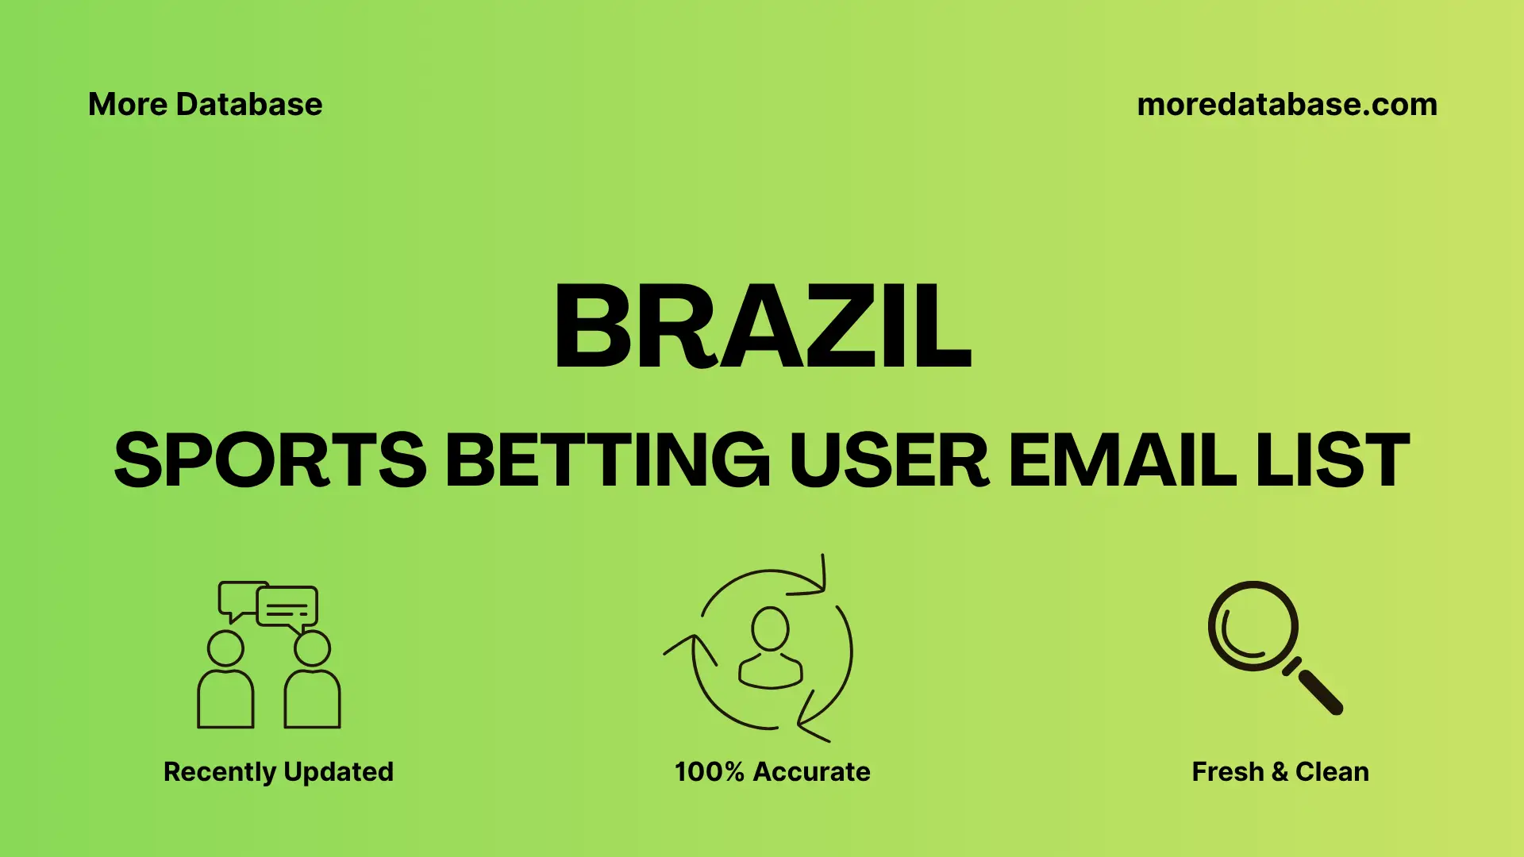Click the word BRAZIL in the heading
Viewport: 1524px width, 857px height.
tap(762, 327)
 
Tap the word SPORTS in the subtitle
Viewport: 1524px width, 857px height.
tap(270, 460)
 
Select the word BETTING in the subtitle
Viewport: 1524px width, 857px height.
tap(607, 460)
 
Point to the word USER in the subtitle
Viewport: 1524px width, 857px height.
tap(888, 460)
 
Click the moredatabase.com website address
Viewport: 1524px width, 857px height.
tap(1287, 105)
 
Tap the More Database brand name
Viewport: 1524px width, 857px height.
tap(206, 105)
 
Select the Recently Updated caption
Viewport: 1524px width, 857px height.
tap(279, 771)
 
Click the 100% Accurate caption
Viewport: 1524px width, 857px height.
tap(772, 771)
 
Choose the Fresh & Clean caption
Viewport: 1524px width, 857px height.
tap(1280, 771)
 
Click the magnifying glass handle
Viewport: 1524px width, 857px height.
tap(1319, 691)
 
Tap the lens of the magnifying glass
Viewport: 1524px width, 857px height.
tap(1253, 625)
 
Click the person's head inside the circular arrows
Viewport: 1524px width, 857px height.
tap(770, 628)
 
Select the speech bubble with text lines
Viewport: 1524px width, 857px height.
tap(287, 608)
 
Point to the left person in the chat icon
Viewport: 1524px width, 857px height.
tap(225, 682)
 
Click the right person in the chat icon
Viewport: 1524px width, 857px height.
tap(312, 682)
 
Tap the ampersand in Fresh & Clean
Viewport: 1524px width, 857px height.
tap(1279, 771)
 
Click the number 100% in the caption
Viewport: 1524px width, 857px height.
tap(709, 771)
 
